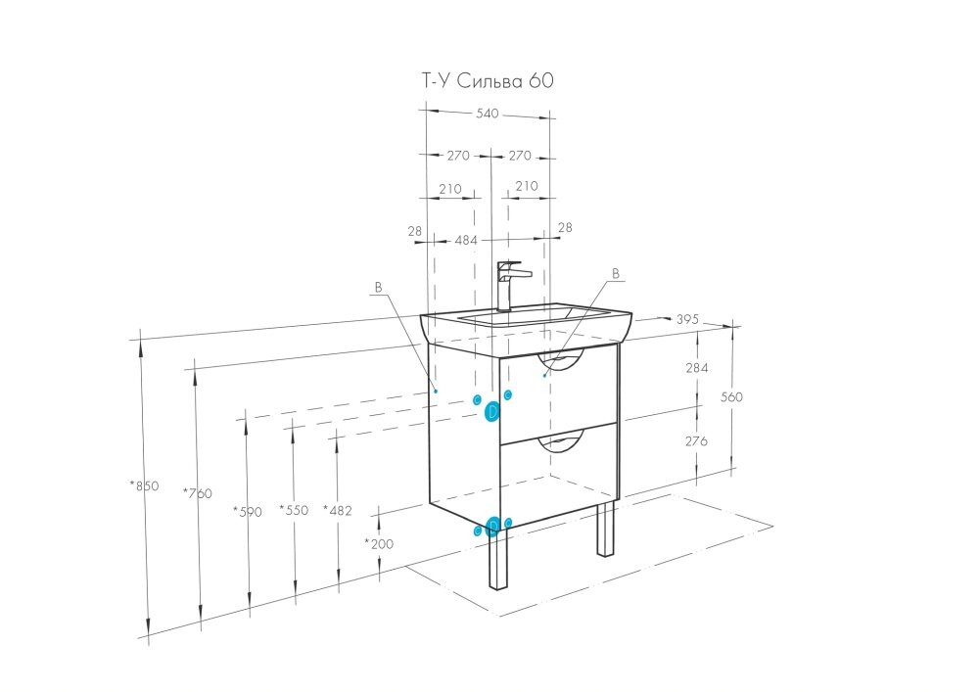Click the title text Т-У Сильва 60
[487, 82]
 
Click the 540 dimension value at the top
[488, 114]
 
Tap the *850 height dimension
[143, 485]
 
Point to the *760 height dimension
[197, 492]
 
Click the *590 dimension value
[248, 510]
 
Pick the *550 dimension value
[293, 509]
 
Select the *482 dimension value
[338, 510]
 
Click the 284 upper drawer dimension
[696, 367]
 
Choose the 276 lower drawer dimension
[696, 441]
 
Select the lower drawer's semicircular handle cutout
[562, 445]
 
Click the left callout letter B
[376, 288]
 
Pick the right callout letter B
[616, 274]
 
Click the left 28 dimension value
[415, 230]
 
